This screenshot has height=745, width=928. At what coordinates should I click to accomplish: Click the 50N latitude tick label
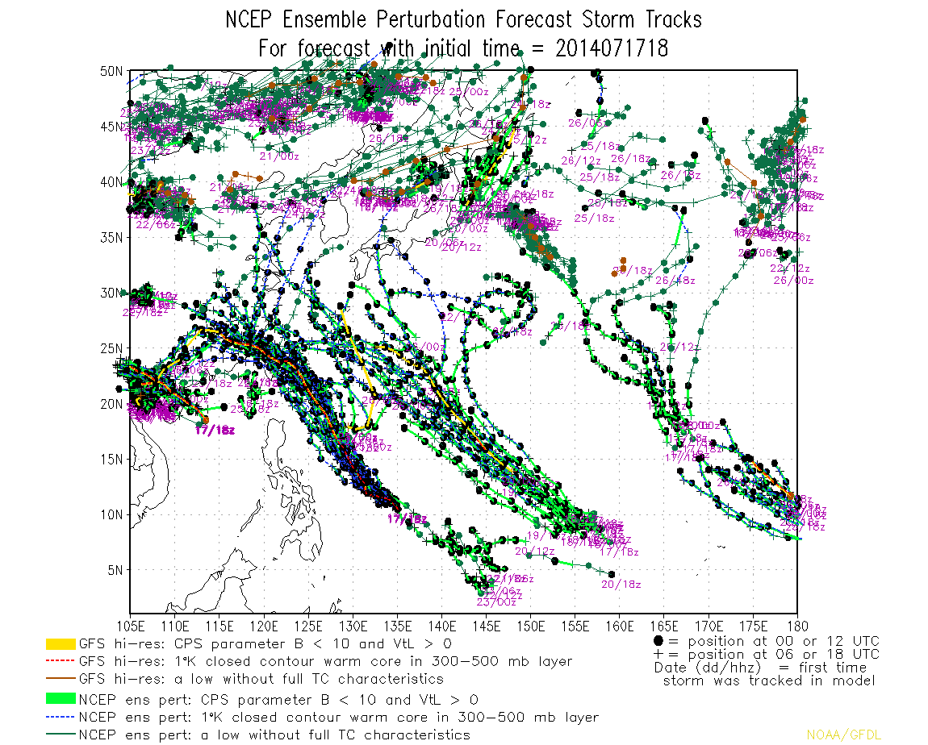(111, 71)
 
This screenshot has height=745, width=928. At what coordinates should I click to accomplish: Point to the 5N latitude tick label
(114, 569)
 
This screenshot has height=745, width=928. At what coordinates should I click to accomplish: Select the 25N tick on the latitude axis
(111, 348)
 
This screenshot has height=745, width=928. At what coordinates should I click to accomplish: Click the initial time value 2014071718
(612, 48)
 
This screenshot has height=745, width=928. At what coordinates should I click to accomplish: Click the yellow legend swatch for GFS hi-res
(61, 644)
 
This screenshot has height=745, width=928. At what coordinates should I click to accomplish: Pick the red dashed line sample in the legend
(61, 661)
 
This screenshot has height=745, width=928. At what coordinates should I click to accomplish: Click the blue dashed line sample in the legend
(61, 717)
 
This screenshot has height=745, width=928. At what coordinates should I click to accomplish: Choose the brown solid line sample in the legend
(61, 679)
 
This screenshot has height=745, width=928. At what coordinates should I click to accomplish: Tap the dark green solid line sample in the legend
(61, 735)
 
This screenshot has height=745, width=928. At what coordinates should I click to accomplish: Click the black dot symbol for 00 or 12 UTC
(659, 642)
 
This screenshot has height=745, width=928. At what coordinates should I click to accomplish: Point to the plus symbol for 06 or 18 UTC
(659, 654)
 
